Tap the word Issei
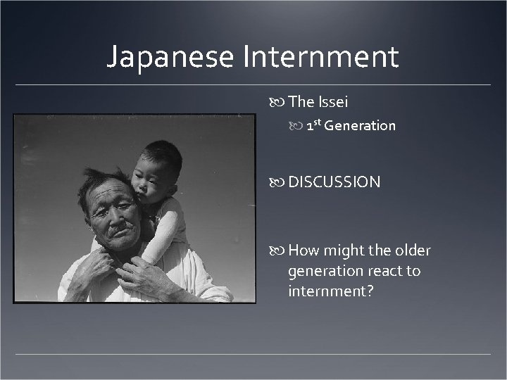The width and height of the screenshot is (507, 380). coord(333,101)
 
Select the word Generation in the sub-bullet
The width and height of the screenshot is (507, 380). coord(360,126)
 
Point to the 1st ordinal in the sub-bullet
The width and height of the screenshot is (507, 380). coord(313,125)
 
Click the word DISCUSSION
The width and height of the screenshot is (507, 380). coord(334,182)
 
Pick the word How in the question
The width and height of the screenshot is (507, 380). coord(303,251)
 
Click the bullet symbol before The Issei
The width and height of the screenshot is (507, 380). coord(279,102)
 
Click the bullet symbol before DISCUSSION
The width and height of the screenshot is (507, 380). coord(279,182)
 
